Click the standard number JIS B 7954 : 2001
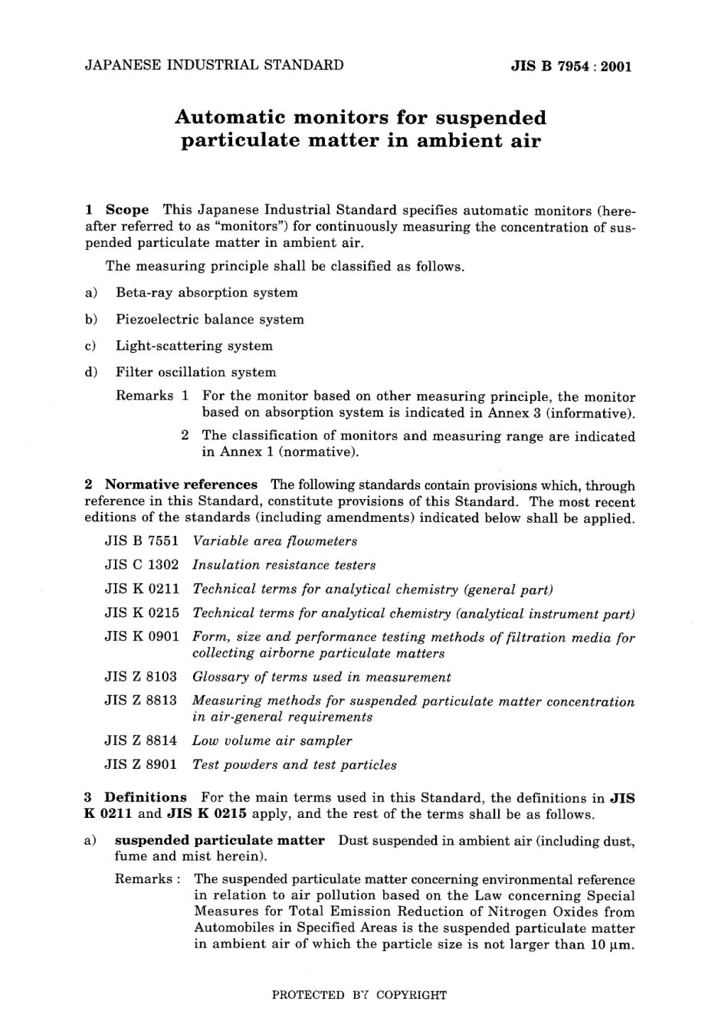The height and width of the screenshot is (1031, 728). click(x=571, y=66)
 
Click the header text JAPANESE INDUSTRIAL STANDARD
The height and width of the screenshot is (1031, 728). click(x=214, y=65)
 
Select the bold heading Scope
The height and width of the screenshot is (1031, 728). click(x=127, y=210)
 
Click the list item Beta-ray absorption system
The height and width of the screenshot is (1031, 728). click(x=207, y=293)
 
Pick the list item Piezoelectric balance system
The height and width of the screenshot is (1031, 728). click(x=210, y=320)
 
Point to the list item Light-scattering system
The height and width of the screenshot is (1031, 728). click(x=194, y=346)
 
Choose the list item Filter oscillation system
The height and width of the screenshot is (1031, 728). click(x=195, y=373)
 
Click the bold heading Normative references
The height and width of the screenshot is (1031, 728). click(x=181, y=484)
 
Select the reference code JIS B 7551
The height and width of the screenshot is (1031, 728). click(x=142, y=541)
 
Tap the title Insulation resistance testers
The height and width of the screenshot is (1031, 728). click(x=284, y=565)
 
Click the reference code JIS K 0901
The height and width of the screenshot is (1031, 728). click(x=142, y=637)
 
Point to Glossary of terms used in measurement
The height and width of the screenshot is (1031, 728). click(x=321, y=677)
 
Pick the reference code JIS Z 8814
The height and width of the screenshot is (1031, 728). click(x=142, y=740)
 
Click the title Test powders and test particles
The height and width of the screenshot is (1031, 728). click(x=294, y=764)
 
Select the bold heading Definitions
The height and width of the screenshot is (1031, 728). click(x=146, y=797)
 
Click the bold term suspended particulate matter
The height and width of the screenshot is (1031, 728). click(x=220, y=840)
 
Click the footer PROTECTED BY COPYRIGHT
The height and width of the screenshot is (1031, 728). click(x=359, y=995)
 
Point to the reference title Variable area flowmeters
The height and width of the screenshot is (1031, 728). click(x=275, y=541)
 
